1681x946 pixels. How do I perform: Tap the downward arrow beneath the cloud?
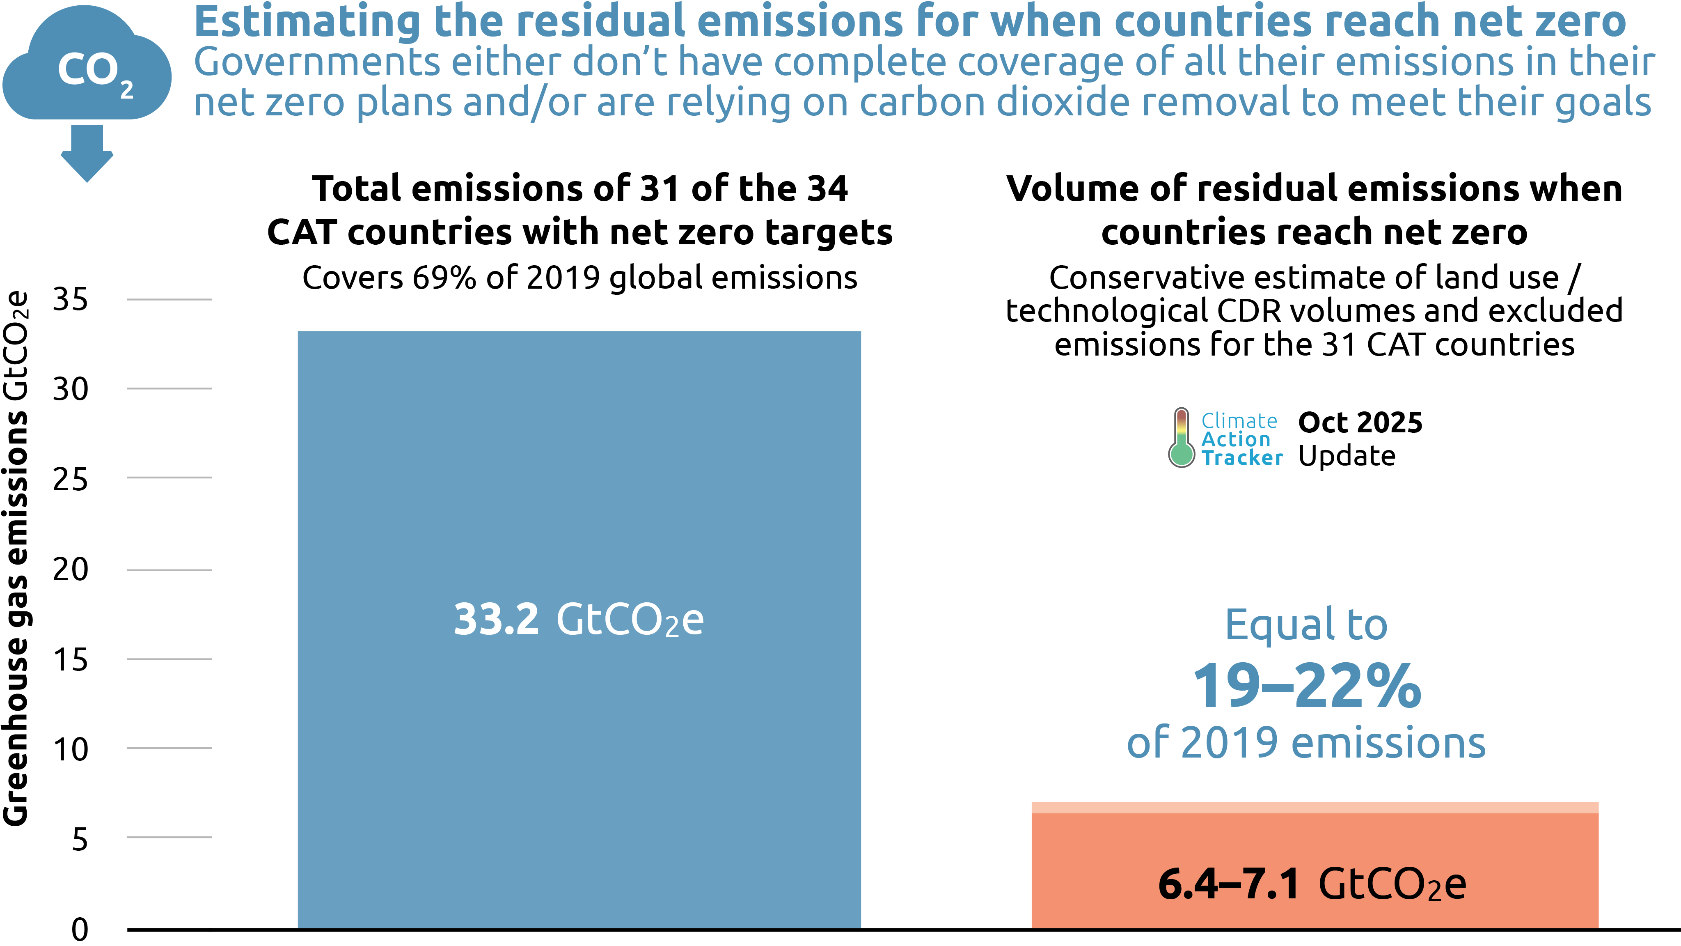87,154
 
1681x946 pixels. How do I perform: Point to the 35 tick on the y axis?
71,300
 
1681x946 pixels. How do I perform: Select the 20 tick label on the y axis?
71,570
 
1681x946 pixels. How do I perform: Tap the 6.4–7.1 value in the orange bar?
1229,885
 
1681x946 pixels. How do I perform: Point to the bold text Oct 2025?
1360,422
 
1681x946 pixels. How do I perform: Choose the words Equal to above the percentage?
1306,625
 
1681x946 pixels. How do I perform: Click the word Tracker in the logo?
1242,458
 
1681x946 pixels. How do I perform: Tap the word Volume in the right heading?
1072,189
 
